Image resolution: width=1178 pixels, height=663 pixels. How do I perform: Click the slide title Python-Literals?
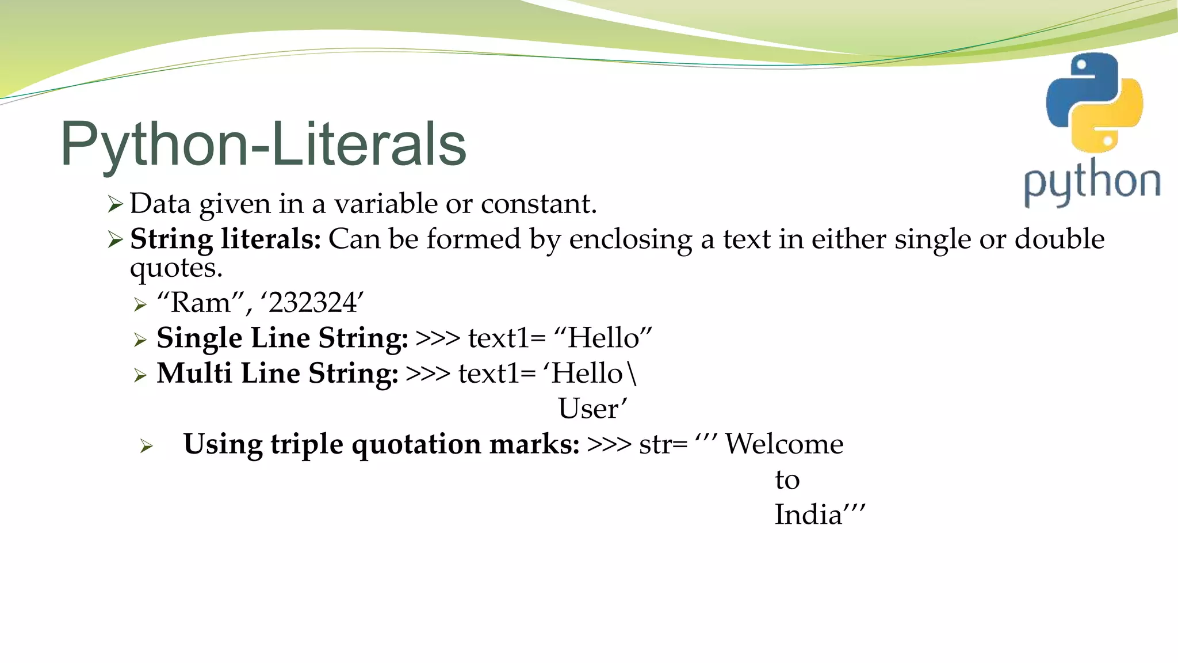pos(263,144)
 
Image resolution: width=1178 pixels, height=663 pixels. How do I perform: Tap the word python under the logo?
pos(1092,182)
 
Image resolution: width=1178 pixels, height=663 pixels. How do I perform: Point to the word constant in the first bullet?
pos(538,204)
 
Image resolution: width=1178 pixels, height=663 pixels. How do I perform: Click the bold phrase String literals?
pos(225,239)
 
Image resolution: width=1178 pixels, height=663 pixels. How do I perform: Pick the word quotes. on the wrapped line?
pos(176,268)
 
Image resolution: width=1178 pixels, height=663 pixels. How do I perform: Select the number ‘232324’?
pos(312,303)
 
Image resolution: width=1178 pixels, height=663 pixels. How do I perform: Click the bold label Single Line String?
pos(282,338)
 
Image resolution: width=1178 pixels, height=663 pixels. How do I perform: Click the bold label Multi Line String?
pos(277,373)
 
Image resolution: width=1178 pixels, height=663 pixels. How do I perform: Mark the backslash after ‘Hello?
pos(633,374)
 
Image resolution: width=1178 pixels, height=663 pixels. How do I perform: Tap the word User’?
pos(592,409)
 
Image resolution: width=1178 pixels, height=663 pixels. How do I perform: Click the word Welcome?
pos(783,444)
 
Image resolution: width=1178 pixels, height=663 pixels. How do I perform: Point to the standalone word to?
pos(787,480)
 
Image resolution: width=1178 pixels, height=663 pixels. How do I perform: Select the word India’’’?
pos(819,515)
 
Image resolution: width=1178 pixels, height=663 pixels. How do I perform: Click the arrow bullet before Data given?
pos(116,204)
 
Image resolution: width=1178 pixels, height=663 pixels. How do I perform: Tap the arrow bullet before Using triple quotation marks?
pos(147,446)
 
